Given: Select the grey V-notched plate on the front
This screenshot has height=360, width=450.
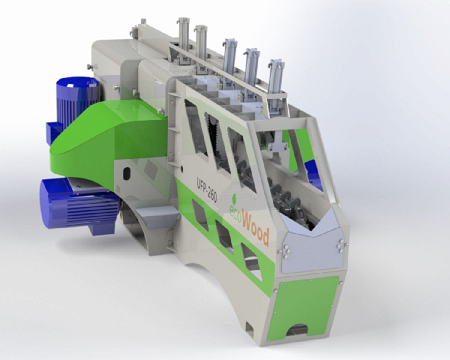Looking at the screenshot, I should click(x=313, y=244).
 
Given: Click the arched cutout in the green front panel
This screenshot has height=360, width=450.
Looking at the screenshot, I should click(x=297, y=330).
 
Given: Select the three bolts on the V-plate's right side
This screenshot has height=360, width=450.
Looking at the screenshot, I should click(x=341, y=244).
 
